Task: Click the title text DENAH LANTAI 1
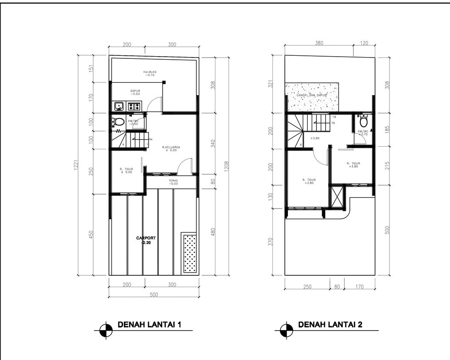tap(149, 325)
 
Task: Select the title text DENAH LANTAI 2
tap(330, 325)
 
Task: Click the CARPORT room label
tap(146, 240)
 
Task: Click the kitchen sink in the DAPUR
tap(118, 106)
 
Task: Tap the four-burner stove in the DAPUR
tap(134, 106)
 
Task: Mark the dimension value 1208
tap(226, 166)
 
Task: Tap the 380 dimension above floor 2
tap(319, 43)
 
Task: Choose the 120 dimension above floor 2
tap(364, 43)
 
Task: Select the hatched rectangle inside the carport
tap(189, 253)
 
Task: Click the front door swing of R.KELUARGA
tap(185, 166)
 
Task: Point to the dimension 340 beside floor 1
tap(212, 143)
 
